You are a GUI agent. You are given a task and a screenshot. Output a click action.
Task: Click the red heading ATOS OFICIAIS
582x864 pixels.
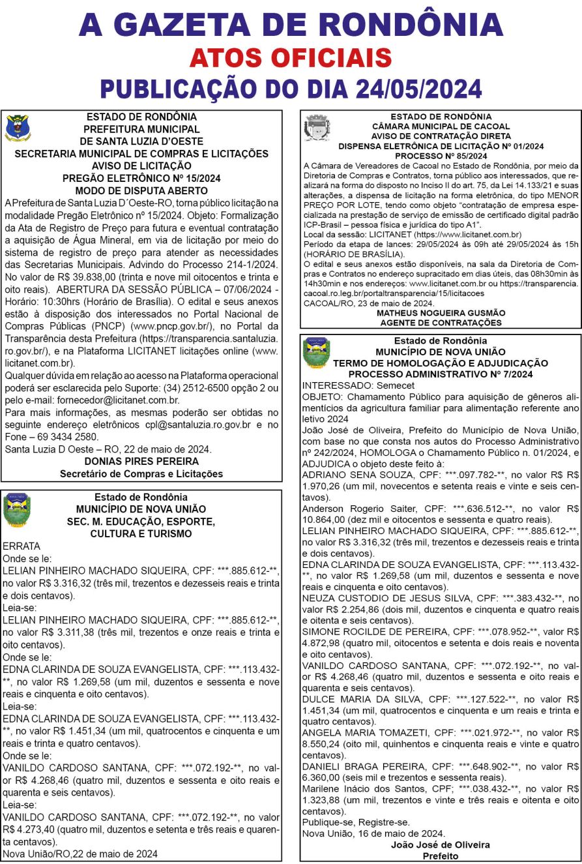(x=291, y=59)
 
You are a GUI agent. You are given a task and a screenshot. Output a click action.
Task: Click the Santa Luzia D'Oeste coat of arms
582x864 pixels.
(x=17, y=128)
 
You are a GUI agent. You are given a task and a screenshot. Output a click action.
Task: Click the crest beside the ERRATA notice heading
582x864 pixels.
(x=16, y=510)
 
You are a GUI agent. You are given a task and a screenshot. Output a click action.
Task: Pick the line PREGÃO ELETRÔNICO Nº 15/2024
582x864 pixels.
(x=141, y=178)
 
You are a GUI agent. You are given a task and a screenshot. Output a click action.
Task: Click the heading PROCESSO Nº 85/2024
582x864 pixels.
(x=441, y=156)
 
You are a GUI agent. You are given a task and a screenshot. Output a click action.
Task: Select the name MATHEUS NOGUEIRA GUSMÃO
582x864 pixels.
(x=441, y=313)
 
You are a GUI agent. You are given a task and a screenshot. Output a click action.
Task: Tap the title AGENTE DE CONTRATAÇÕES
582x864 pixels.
(x=441, y=322)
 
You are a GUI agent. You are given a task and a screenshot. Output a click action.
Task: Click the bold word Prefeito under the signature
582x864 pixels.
(x=441, y=855)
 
